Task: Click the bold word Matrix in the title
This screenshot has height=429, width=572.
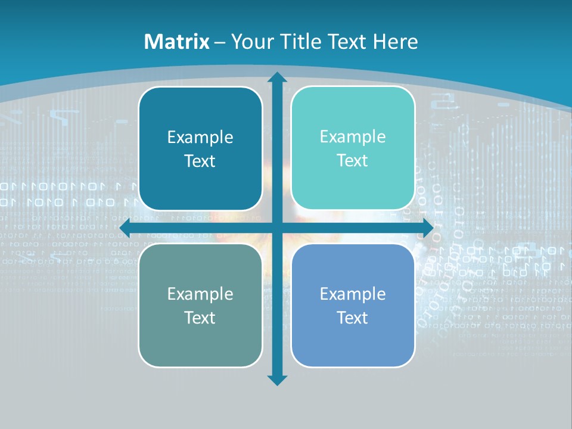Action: (177, 42)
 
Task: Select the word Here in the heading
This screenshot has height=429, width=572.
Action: (396, 42)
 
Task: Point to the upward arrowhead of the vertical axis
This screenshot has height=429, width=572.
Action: (276, 78)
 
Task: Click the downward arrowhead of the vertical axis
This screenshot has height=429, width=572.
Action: (276, 380)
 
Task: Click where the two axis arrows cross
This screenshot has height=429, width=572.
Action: (276, 228)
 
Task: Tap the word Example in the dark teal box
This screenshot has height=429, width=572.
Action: (200, 138)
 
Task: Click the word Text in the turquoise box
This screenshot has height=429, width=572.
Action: (353, 161)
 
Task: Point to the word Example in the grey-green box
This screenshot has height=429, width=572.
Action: (200, 294)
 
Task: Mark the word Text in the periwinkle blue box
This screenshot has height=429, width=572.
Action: (353, 318)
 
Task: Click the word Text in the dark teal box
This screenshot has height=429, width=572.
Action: (200, 161)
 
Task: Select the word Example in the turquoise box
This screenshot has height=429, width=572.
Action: (353, 137)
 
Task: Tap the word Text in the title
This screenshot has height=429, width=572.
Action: (347, 42)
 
